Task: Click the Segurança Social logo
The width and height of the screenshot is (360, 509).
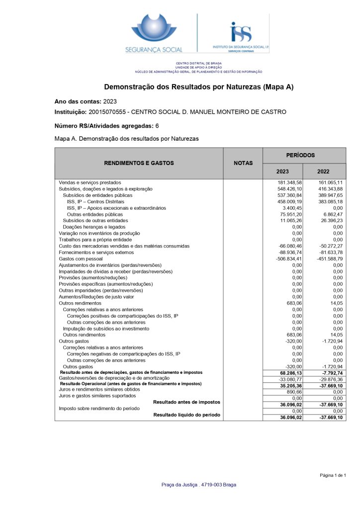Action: click(154, 33)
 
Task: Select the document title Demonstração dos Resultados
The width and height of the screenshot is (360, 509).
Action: click(199, 87)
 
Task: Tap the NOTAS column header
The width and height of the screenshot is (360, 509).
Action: click(243, 163)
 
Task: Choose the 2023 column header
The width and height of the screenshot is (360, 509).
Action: click(282, 171)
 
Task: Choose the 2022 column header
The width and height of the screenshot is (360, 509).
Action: click(323, 171)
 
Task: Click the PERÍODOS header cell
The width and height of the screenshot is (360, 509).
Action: click(304, 155)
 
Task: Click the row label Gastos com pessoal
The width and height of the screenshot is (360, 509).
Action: click(81, 259)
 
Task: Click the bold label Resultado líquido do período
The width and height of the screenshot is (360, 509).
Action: click(186, 415)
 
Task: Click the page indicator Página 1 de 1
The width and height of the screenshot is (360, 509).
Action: click(333, 475)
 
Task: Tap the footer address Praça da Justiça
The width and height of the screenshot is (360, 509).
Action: click(199, 485)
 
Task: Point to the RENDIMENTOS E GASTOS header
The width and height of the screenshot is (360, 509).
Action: click(139, 163)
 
